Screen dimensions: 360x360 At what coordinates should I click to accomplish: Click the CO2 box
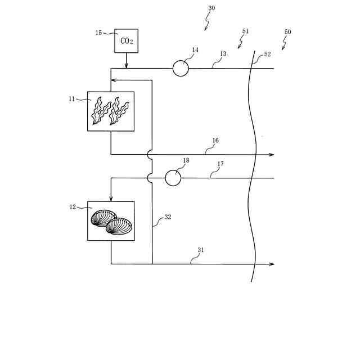tap(126, 40)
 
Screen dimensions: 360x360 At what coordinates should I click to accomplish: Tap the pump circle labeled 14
tap(181, 69)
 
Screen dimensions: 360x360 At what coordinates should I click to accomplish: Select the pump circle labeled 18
tap(173, 178)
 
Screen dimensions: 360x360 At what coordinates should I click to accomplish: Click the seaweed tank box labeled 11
tap(111, 111)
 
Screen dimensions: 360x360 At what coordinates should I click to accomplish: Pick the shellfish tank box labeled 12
tap(111, 221)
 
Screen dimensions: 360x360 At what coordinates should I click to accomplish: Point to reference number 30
tap(211, 8)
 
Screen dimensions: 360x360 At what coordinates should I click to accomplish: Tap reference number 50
tap(287, 32)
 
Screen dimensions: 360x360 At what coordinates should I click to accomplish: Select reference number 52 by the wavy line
tap(267, 54)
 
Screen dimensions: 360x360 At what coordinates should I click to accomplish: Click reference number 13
tap(223, 54)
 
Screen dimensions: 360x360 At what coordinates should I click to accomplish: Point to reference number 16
tap(215, 140)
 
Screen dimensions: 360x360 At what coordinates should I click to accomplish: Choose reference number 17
tap(221, 164)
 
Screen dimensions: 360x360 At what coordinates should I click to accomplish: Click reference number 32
tap(168, 216)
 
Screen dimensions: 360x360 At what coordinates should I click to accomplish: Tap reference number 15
tap(98, 33)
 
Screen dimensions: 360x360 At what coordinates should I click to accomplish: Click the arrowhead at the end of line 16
tap(271, 154)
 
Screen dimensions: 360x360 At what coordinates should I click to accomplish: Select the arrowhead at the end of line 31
tap(271, 264)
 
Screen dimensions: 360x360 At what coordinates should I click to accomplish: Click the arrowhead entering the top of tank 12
tap(111, 198)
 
